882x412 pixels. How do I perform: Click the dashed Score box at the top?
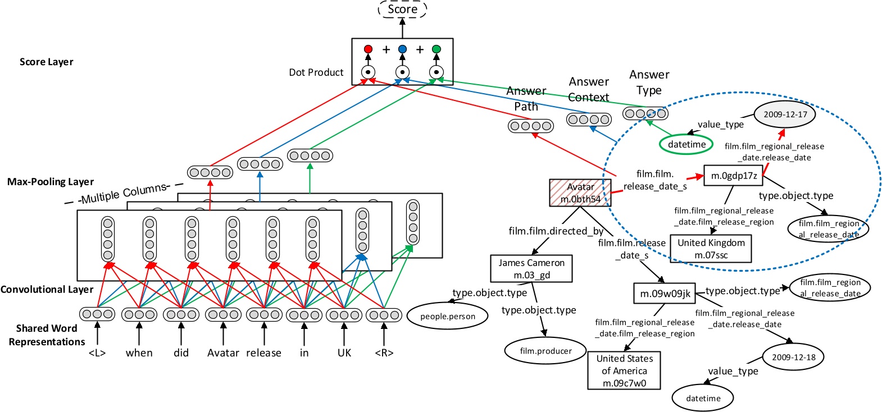(402, 9)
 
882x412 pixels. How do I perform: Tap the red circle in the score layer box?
(368, 49)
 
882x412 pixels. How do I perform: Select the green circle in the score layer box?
(437, 49)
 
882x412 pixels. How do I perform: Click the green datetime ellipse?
(686, 144)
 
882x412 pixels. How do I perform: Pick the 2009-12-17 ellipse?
(785, 115)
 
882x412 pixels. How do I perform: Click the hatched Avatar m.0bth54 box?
(580, 193)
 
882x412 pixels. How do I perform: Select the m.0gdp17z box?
(734, 176)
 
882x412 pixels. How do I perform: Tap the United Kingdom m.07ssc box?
(711, 249)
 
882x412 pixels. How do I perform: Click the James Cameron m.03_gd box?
(531, 268)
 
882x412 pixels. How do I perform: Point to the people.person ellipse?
(448, 316)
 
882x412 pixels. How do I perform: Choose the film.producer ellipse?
(545, 351)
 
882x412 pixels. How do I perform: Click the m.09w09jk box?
(665, 294)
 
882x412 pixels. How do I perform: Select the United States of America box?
(624, 370)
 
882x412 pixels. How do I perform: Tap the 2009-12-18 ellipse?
(793, 357)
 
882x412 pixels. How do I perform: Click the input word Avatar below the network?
(223, 353)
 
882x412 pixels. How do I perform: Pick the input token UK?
(344, 353)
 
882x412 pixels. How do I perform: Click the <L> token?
(97, 353)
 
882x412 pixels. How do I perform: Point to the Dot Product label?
(316, 72)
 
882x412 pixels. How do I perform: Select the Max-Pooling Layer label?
(51, 182)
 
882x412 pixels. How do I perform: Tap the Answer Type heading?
(649, 83)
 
